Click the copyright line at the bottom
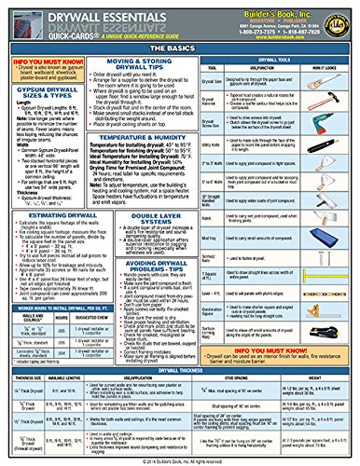tap(179, 459)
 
